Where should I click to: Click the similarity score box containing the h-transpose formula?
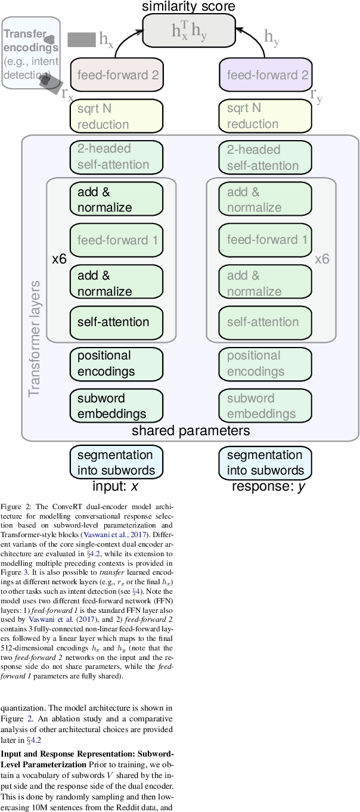pyautogui.click(x=189, y=30)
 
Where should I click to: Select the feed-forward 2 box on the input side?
pyautogui.click(x=116, y=75)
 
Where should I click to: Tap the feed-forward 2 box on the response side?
pyautogui.click(x=266, y=75)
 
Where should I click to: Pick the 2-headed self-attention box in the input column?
pyautogui.click(x=116, y=157)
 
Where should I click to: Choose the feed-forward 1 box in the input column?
pyautogui.click(x=116, y=240)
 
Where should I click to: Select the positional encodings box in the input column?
pyautogui.click(x=116, y=364)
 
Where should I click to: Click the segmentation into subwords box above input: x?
pyautogui.click(x=116, y=463)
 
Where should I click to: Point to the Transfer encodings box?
pyautogui.click(x=31, y=53)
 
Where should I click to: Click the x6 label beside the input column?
pyautogui.click(x=59, y=259)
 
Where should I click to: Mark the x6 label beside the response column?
pyautogui.click(x=322, y=259)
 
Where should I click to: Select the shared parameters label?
pyautogui.click(x=191, y=430)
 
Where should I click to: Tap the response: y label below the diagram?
pyautogui.click(x=268, y=486)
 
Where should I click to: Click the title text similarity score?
pyautogui.click(x=188, y=7)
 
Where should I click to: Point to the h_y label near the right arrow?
pyautogui.click(x=272, y=38)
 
